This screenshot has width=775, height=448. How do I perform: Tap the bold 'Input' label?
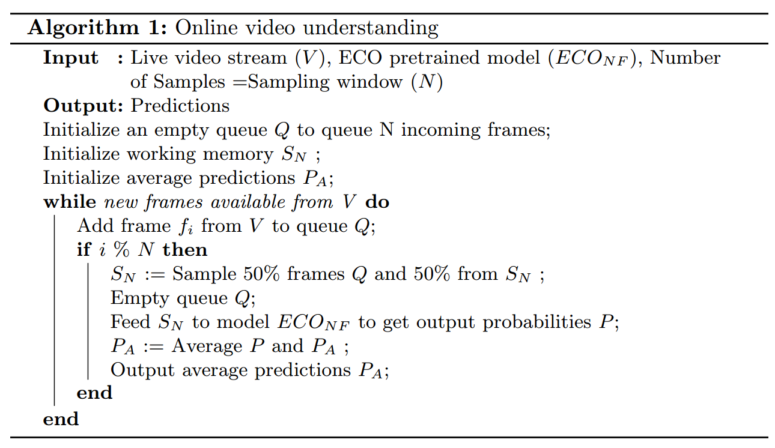[x=70, y=58]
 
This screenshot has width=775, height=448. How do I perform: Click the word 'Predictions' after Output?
[x=180, y=106]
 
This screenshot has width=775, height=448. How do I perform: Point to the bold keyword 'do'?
[x=377, y=202]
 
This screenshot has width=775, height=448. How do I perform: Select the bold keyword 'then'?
[x=185, y=250]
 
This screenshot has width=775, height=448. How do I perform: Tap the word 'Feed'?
[x=130, y=322]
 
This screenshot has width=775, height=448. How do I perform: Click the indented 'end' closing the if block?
[x=94, y=393]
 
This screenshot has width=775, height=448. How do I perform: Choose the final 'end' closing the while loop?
[x=61, y=419]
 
